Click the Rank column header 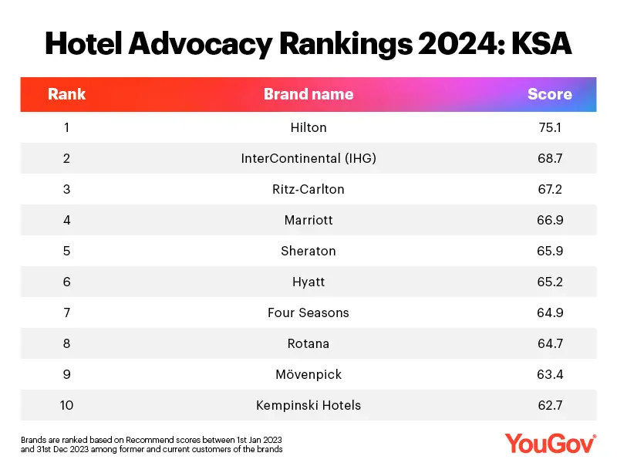tap(66, 95)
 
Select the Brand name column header tap(308, 95)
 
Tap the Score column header tap(549, 95)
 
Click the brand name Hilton tap(308, 127)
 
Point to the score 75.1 tap(549, 127)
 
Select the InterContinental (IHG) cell tap(308, 158)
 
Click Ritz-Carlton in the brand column tap(308, 189)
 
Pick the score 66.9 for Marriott tap(549, 220)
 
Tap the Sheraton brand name tap(308, 251)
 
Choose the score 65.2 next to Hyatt tap(549, 282)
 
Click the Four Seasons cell tap(308, 313)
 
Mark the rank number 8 tap(66, 343)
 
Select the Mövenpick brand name tap(308, 374)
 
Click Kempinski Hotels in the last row tap(308, 405)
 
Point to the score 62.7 tap(549, 405)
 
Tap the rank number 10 tap(66, 405)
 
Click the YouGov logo tap(550, 443)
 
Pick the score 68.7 tap(549, 158)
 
